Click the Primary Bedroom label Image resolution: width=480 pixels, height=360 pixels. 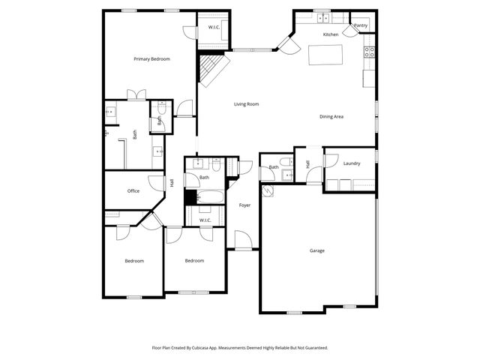(151, 59)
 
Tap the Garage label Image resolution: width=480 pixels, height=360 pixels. (317, 250)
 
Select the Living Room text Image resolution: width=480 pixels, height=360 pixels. (246, 104)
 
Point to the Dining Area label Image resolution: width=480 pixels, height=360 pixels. (331, 116)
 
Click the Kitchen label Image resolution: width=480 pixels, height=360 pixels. (331, 34)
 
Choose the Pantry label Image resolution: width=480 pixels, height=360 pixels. (361, 25)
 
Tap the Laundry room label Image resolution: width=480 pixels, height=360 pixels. (352, 163)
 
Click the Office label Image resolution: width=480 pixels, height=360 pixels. (133, 190)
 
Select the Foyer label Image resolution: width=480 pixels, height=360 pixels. (244, 205)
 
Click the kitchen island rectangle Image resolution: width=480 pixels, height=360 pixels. (326, 55)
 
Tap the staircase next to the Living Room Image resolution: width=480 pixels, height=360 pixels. (212, 69)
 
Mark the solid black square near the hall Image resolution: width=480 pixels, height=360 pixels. (190, 197)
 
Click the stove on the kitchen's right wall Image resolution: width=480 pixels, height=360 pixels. (370, 52)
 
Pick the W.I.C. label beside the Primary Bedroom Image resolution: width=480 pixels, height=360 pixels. (214, 28)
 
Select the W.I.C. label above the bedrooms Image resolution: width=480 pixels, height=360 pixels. (204, 220)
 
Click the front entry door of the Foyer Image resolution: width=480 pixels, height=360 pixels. (243, 241)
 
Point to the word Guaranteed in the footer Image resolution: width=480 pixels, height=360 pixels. (313, 348)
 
